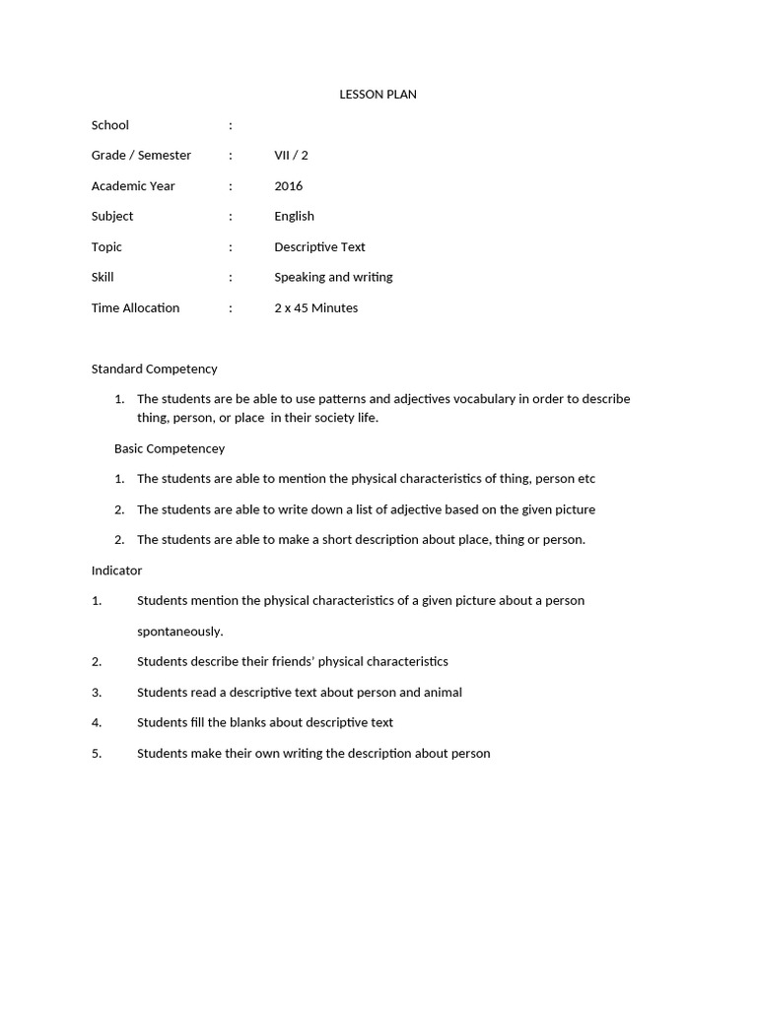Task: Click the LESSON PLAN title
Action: (378, 95)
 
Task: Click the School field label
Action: (110, 125)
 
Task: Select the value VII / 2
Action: (291, 156)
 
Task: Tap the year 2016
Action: (289, 186)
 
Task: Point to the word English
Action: (294, 217)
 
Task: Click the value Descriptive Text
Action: (319, 247)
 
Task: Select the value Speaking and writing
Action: (333, 278)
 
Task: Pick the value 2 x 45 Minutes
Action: (315, 308)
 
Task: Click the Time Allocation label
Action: (135, 308)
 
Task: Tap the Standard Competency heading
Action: (154, 370)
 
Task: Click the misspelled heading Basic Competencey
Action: (170, 449)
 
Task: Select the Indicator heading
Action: (116, 571)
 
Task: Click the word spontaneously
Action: (179, 632)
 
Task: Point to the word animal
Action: (443, 693)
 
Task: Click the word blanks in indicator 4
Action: (233, 723)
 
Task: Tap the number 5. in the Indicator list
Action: (97, 754)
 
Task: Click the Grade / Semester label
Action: (141, 156)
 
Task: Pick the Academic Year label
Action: (133, 186)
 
